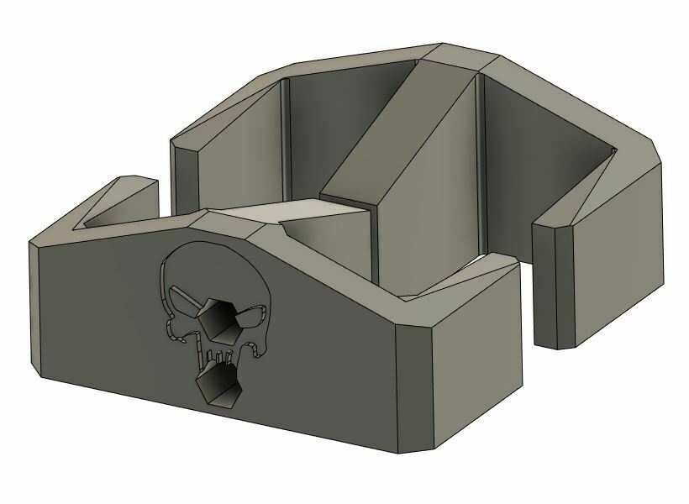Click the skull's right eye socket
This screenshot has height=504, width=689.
pos(250,317)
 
